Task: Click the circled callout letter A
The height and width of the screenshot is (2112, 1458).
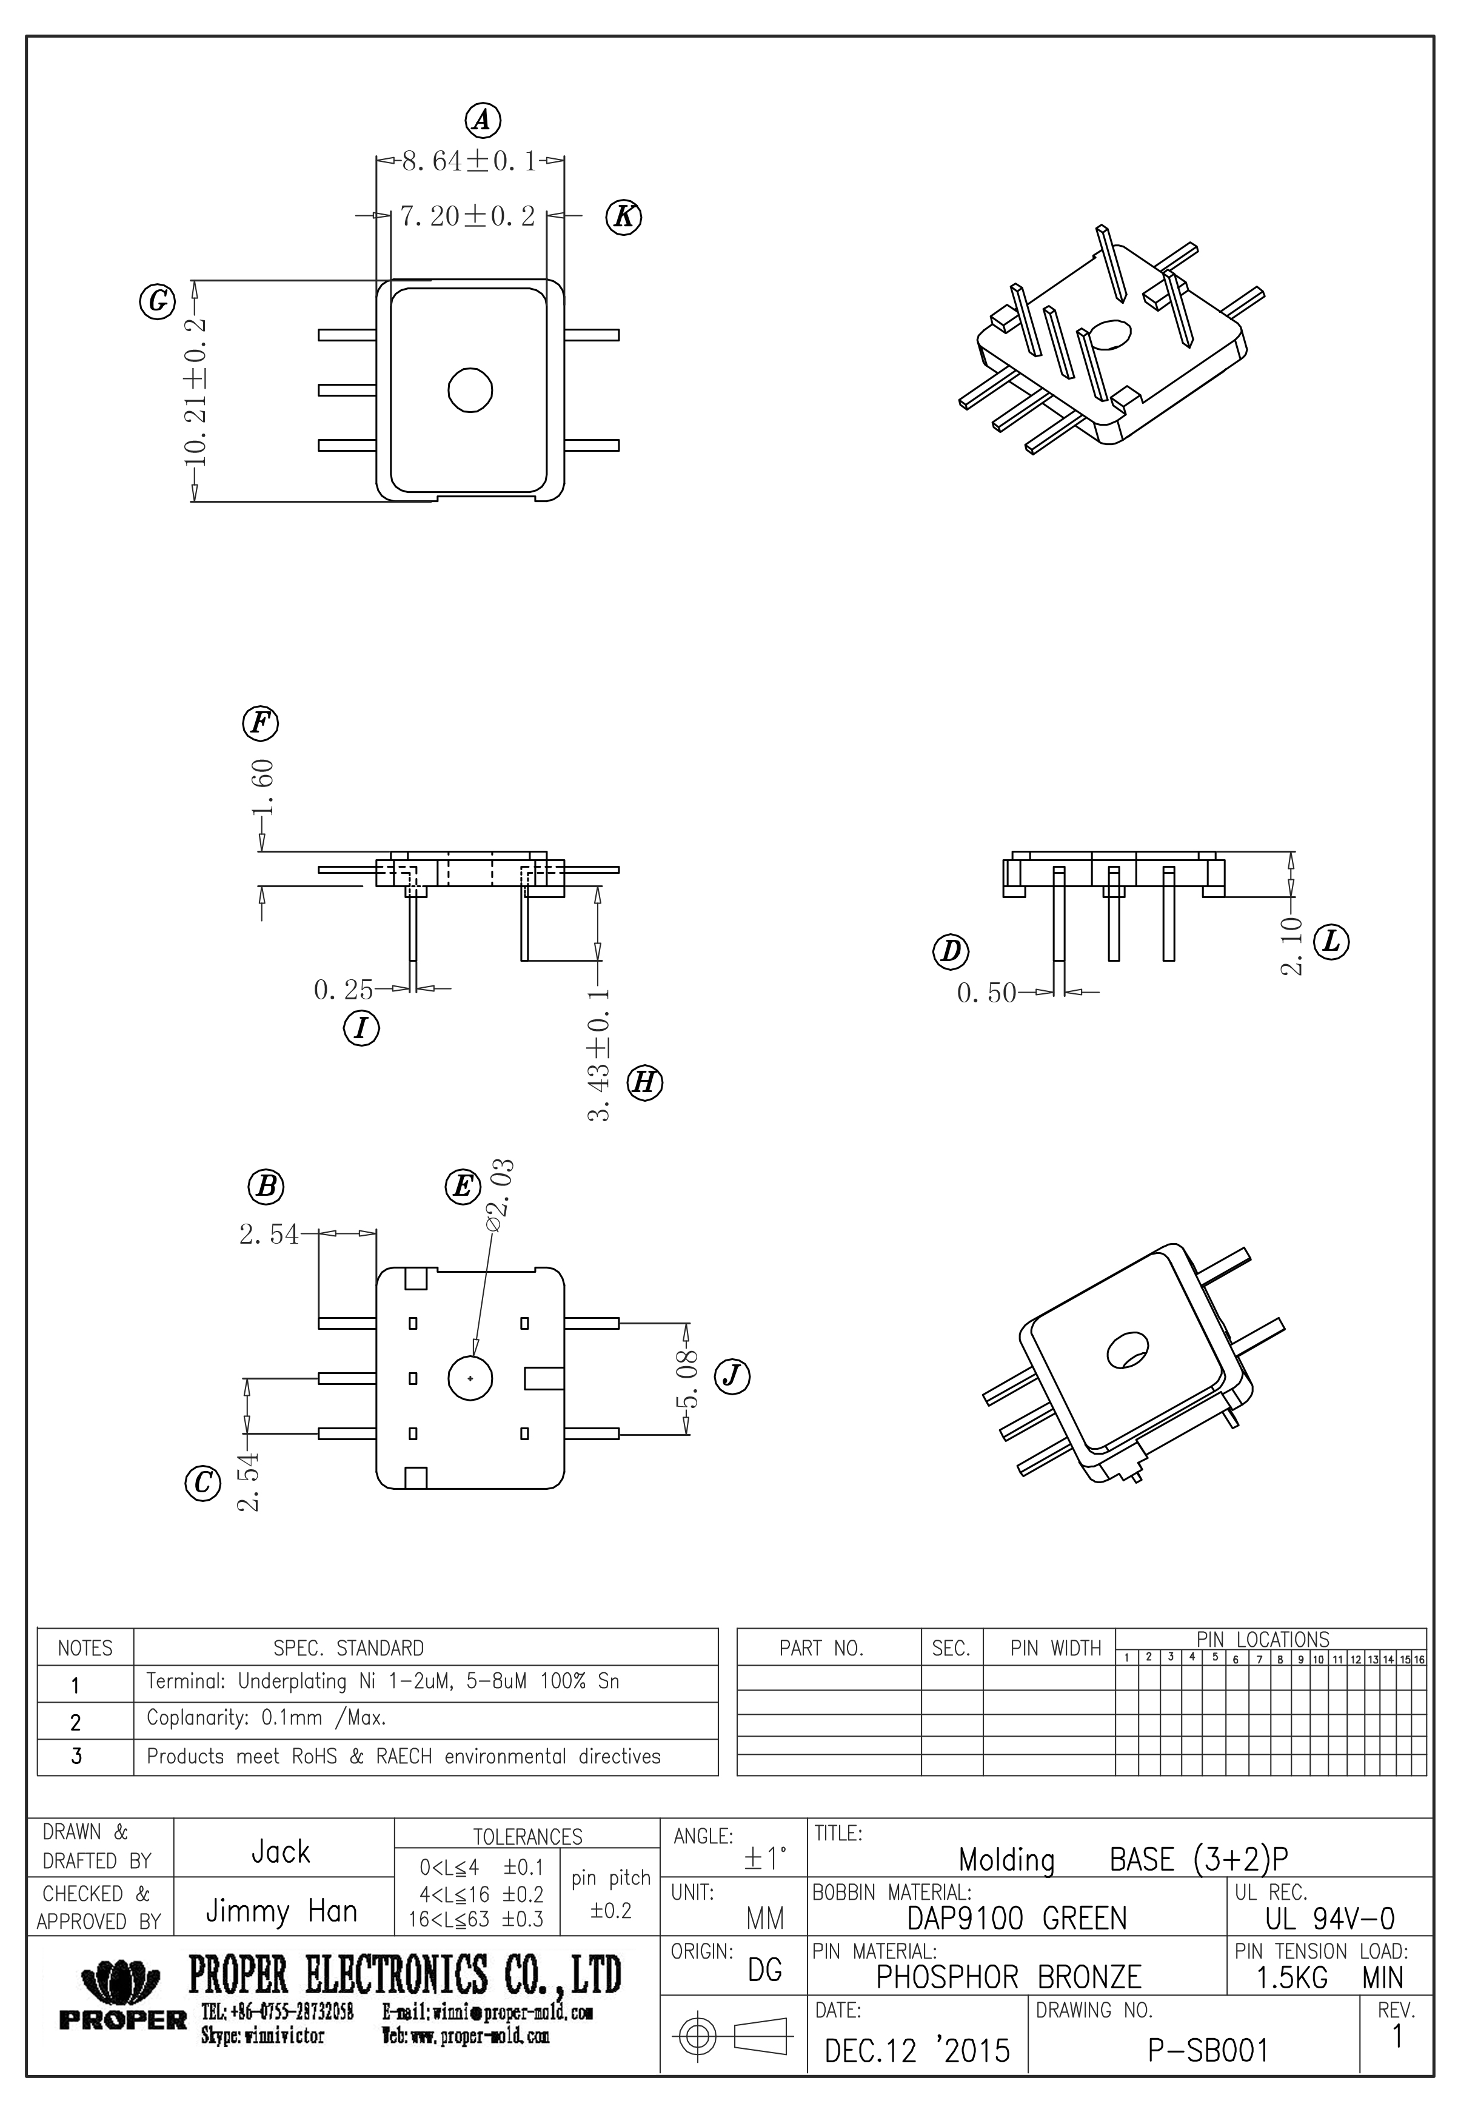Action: pyautogui.click(x=483, y=119)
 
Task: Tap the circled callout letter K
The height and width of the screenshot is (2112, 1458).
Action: pyautogui.click(x=624, y=218)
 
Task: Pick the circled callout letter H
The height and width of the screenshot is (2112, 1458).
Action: pyautogui.click(x=644, y=1084)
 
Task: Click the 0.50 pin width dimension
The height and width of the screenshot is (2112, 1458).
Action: pyautogui.click(x=986, y=993)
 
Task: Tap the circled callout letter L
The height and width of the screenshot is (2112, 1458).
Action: pyautogui.click(x=1331, y=942)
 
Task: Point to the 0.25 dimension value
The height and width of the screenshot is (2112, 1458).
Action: pyautogui.click(x=344, y=990)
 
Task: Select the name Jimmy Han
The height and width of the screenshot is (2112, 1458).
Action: pyautogui.click(x=281, y=1911)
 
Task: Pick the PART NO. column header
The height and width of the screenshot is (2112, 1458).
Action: pyautogui.click(x=821, y=1648)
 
